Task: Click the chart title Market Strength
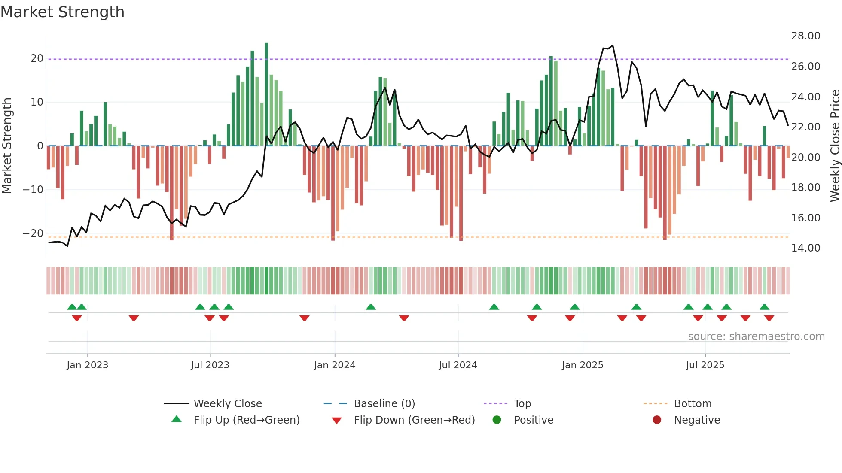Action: pos(62,12)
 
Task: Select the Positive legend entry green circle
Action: pos(497,420)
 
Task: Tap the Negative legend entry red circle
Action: pos(657,420)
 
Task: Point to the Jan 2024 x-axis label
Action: pos(335,365)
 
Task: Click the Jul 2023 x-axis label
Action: pos(210,365)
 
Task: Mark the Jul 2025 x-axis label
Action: pos(705,365)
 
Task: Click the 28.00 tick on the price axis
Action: pos(805,36)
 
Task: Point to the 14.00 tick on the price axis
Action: pos(805,248)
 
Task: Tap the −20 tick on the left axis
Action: pos(33,233)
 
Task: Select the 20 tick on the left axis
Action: pos(37,58)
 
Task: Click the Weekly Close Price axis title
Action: pos(835,146)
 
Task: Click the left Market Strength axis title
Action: pos(7,146)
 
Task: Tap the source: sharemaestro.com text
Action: pos(756,337)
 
